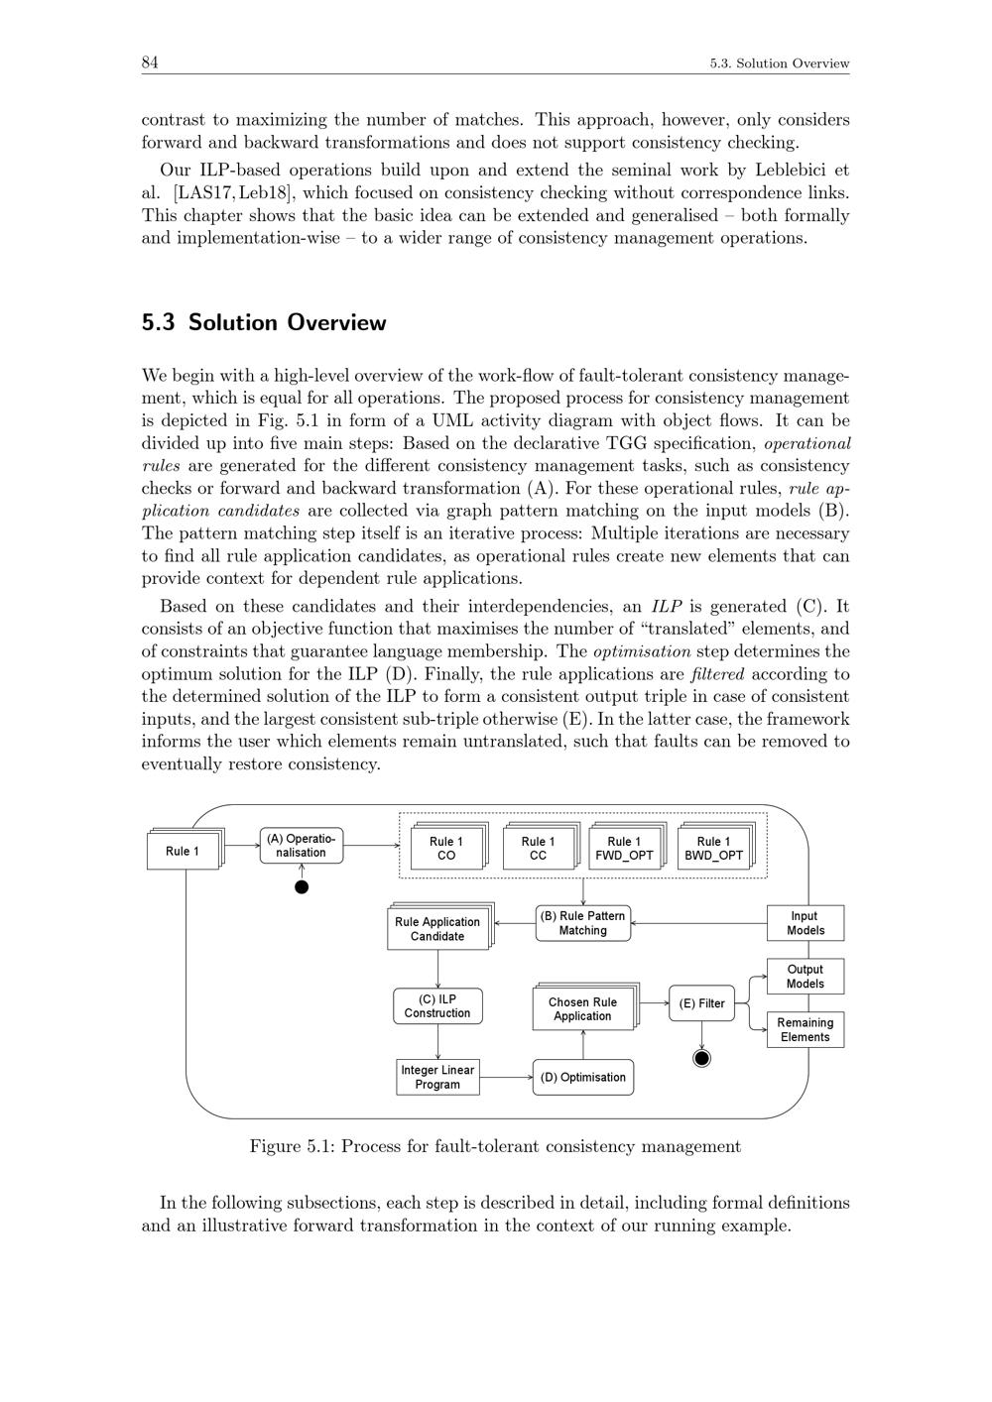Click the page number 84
click(150, 63)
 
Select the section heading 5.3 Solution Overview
click(264, 322)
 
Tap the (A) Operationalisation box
click(301, 846)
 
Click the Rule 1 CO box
click(446, 849)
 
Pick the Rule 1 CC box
click(538, 849)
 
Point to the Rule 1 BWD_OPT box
click(713, 849)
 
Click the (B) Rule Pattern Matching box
click(582, 923)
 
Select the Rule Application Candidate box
click(437, 929)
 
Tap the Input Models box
click(805, 923)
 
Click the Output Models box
click(805, 977)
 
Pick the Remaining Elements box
click(805, 1030)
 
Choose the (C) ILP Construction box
click(437, 1006)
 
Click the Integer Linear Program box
click(437, 1077)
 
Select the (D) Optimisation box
click(582, 1078)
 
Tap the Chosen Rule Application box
click(582, 1009)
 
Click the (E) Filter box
click(701, 1003)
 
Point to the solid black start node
click(302, 886)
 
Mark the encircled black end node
click(701, 1058)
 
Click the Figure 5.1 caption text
click(495, 1147)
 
